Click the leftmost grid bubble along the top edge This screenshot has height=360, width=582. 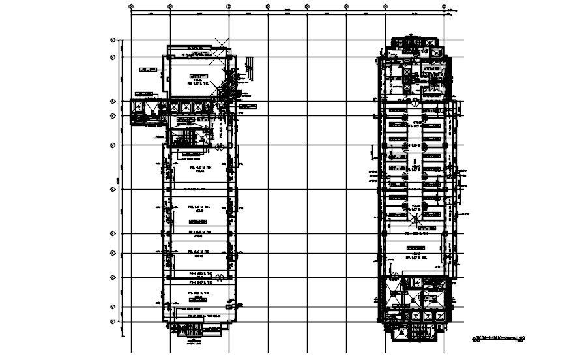(131, 6)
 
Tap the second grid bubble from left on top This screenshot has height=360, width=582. (170, 6)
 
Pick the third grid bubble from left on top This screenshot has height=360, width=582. (229, 6)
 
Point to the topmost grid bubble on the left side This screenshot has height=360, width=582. (113, 40)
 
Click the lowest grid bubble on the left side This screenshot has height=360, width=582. (113, 322)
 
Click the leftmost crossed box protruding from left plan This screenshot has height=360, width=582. (139, 108)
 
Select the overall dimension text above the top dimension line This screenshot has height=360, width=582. (287, 8)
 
